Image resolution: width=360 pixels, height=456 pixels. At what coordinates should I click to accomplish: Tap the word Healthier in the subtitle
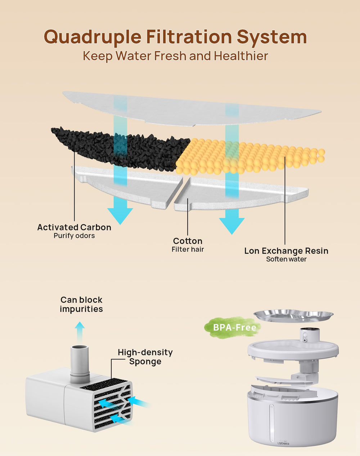click(x=241, y=56)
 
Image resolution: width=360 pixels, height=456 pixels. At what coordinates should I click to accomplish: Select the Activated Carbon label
click(x=74, y=227)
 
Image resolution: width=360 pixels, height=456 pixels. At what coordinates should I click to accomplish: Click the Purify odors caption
click(x=74, y=236)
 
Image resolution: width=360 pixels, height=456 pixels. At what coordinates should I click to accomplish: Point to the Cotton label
click(x=188, y=241)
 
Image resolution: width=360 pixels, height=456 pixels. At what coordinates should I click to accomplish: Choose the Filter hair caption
click(x=188, y=249)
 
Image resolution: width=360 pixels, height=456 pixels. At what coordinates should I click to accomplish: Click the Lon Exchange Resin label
click(x=286, y=251)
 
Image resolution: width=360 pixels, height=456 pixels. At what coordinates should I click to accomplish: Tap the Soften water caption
click(x=286, y=259)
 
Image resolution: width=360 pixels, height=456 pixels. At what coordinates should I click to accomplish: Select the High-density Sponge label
click(x=145, y=357)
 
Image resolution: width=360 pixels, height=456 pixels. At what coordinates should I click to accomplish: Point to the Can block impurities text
click(x=81, y=304)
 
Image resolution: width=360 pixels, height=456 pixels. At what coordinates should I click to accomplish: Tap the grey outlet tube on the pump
click(x=80, y=364)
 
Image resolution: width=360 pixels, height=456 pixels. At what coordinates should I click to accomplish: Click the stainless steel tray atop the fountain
click(x=293, y=316)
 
